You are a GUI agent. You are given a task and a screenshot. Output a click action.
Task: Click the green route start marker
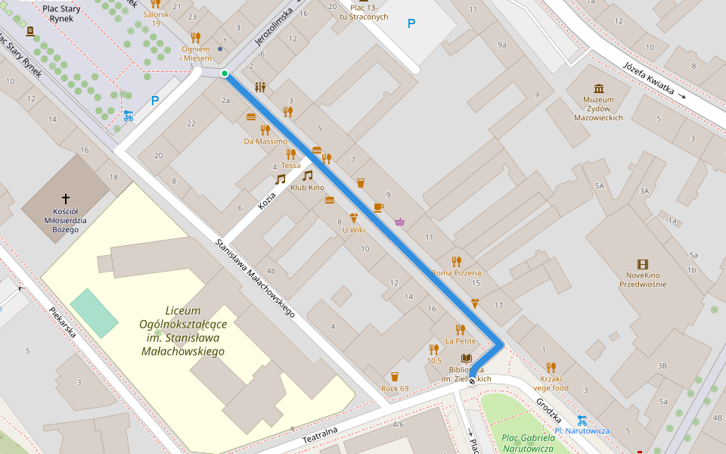225,73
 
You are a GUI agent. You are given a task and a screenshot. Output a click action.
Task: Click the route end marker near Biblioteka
472,381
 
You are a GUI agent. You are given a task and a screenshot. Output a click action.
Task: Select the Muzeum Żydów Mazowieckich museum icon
599,89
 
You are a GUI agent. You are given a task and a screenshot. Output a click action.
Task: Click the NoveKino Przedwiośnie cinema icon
643,264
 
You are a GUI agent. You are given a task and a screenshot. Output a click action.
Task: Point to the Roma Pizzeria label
456,272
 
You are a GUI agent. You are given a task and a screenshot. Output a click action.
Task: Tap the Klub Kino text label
307,188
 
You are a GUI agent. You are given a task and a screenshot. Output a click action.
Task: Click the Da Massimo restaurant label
265,141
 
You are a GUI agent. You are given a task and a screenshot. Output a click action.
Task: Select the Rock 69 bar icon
394,377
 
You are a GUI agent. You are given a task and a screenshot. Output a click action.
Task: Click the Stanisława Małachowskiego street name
255,278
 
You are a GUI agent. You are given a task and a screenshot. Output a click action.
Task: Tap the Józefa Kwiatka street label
648,78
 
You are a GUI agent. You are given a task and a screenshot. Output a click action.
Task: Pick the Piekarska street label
63,322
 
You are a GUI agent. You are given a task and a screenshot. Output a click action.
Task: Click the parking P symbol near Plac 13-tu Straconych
411,23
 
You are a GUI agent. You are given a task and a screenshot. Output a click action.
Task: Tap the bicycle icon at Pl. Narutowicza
582,420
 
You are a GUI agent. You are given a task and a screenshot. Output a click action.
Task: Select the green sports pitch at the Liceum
95,313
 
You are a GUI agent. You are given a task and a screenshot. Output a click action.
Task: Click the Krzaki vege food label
550,383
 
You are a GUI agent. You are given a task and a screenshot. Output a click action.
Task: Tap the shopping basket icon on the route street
399,222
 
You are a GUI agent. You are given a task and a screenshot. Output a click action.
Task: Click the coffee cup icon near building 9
378,207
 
